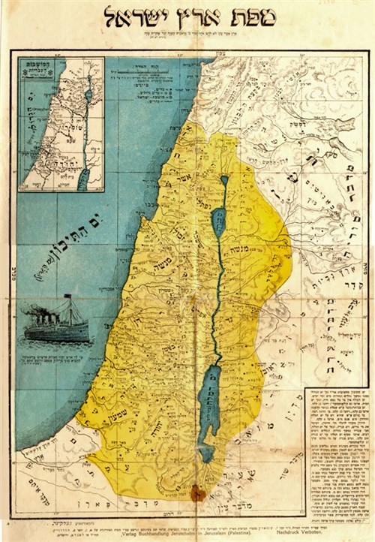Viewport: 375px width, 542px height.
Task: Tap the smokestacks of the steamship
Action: click(53, 313)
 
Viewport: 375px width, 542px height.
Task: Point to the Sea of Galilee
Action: click(217, 222)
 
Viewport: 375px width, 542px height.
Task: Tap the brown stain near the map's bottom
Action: click(198, 493)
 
